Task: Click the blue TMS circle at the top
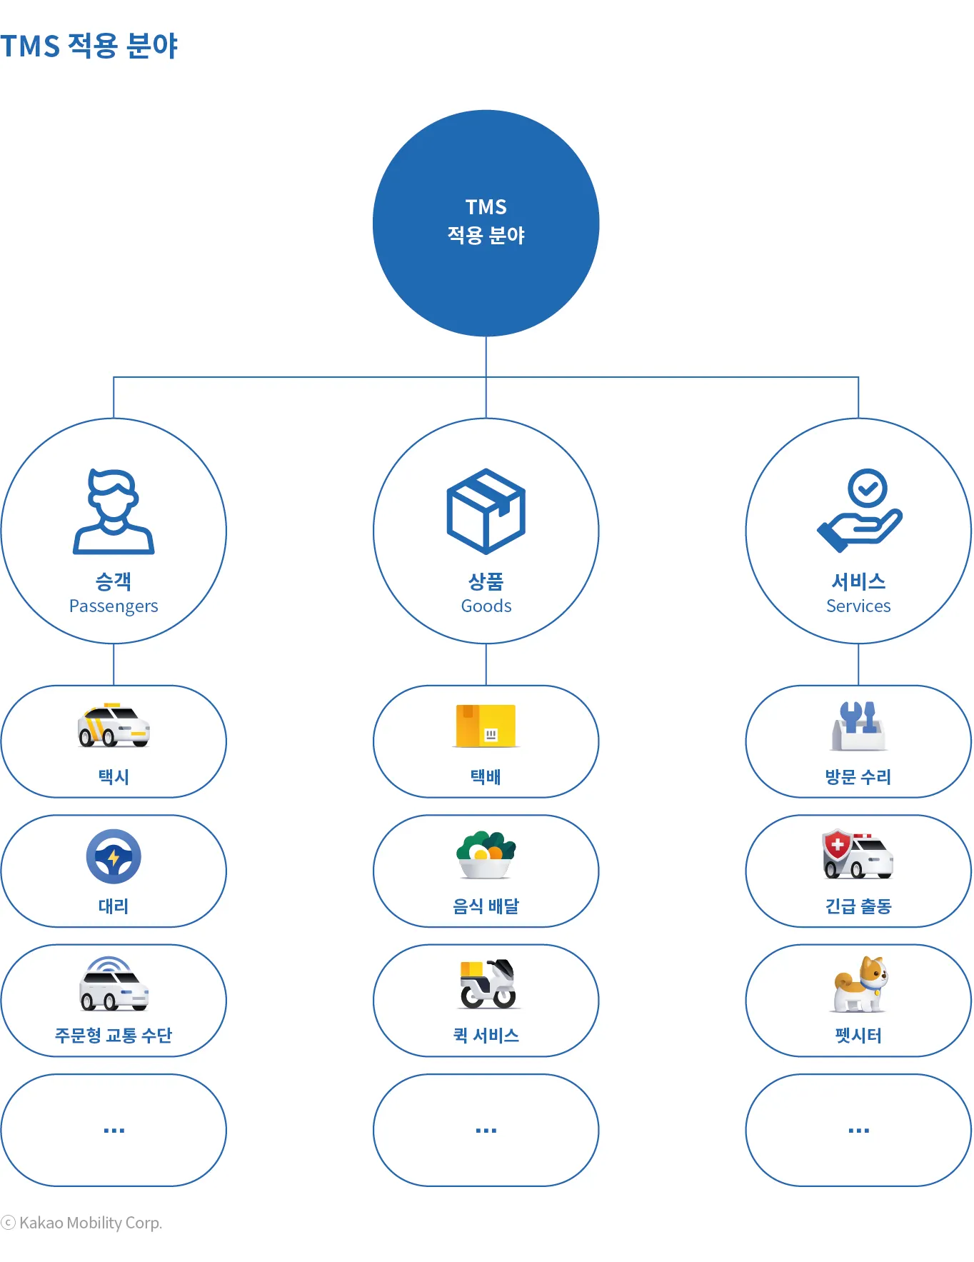[x=486, y=223]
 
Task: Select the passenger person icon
[x=114, y=511]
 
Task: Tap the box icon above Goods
[x=486, y=511]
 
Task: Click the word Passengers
[x=114, y=606]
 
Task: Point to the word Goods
[x=486, y=606]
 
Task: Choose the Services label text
[x=858, y=606]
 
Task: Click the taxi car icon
[x=114, y=725]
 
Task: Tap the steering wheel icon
[x=114, y=856]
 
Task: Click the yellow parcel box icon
[x=486, y=726]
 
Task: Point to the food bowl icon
[x=486, y=854]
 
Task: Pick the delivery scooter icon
[x=488, y=984]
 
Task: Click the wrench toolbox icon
[x=858, y=726]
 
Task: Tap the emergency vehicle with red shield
[x=858, y=854]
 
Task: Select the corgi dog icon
[x=860, y=984]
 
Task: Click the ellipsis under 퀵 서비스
[x=486, y=1131]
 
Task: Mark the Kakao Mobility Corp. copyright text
[x=82, y=1223]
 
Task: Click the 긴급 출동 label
[x=858, y=906]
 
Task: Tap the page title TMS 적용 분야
[x=89, y=46]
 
